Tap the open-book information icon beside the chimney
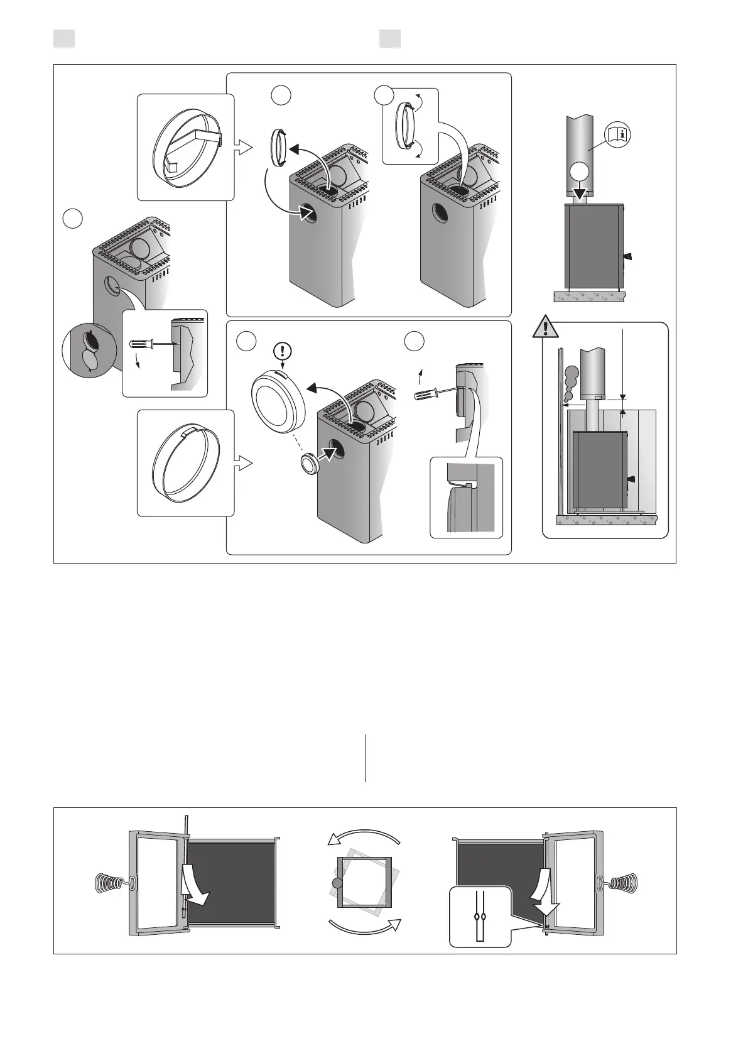coord(618,134)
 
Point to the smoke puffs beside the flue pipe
coord(572,382)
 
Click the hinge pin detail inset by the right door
coord(480,917)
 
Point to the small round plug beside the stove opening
coord(308,465)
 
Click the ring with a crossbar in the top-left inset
coord(187,147)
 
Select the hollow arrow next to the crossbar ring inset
coord(243,148)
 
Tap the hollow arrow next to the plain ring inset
coord(243,464)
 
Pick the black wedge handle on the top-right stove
coord(627,256)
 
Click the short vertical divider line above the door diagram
coord(365,758)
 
